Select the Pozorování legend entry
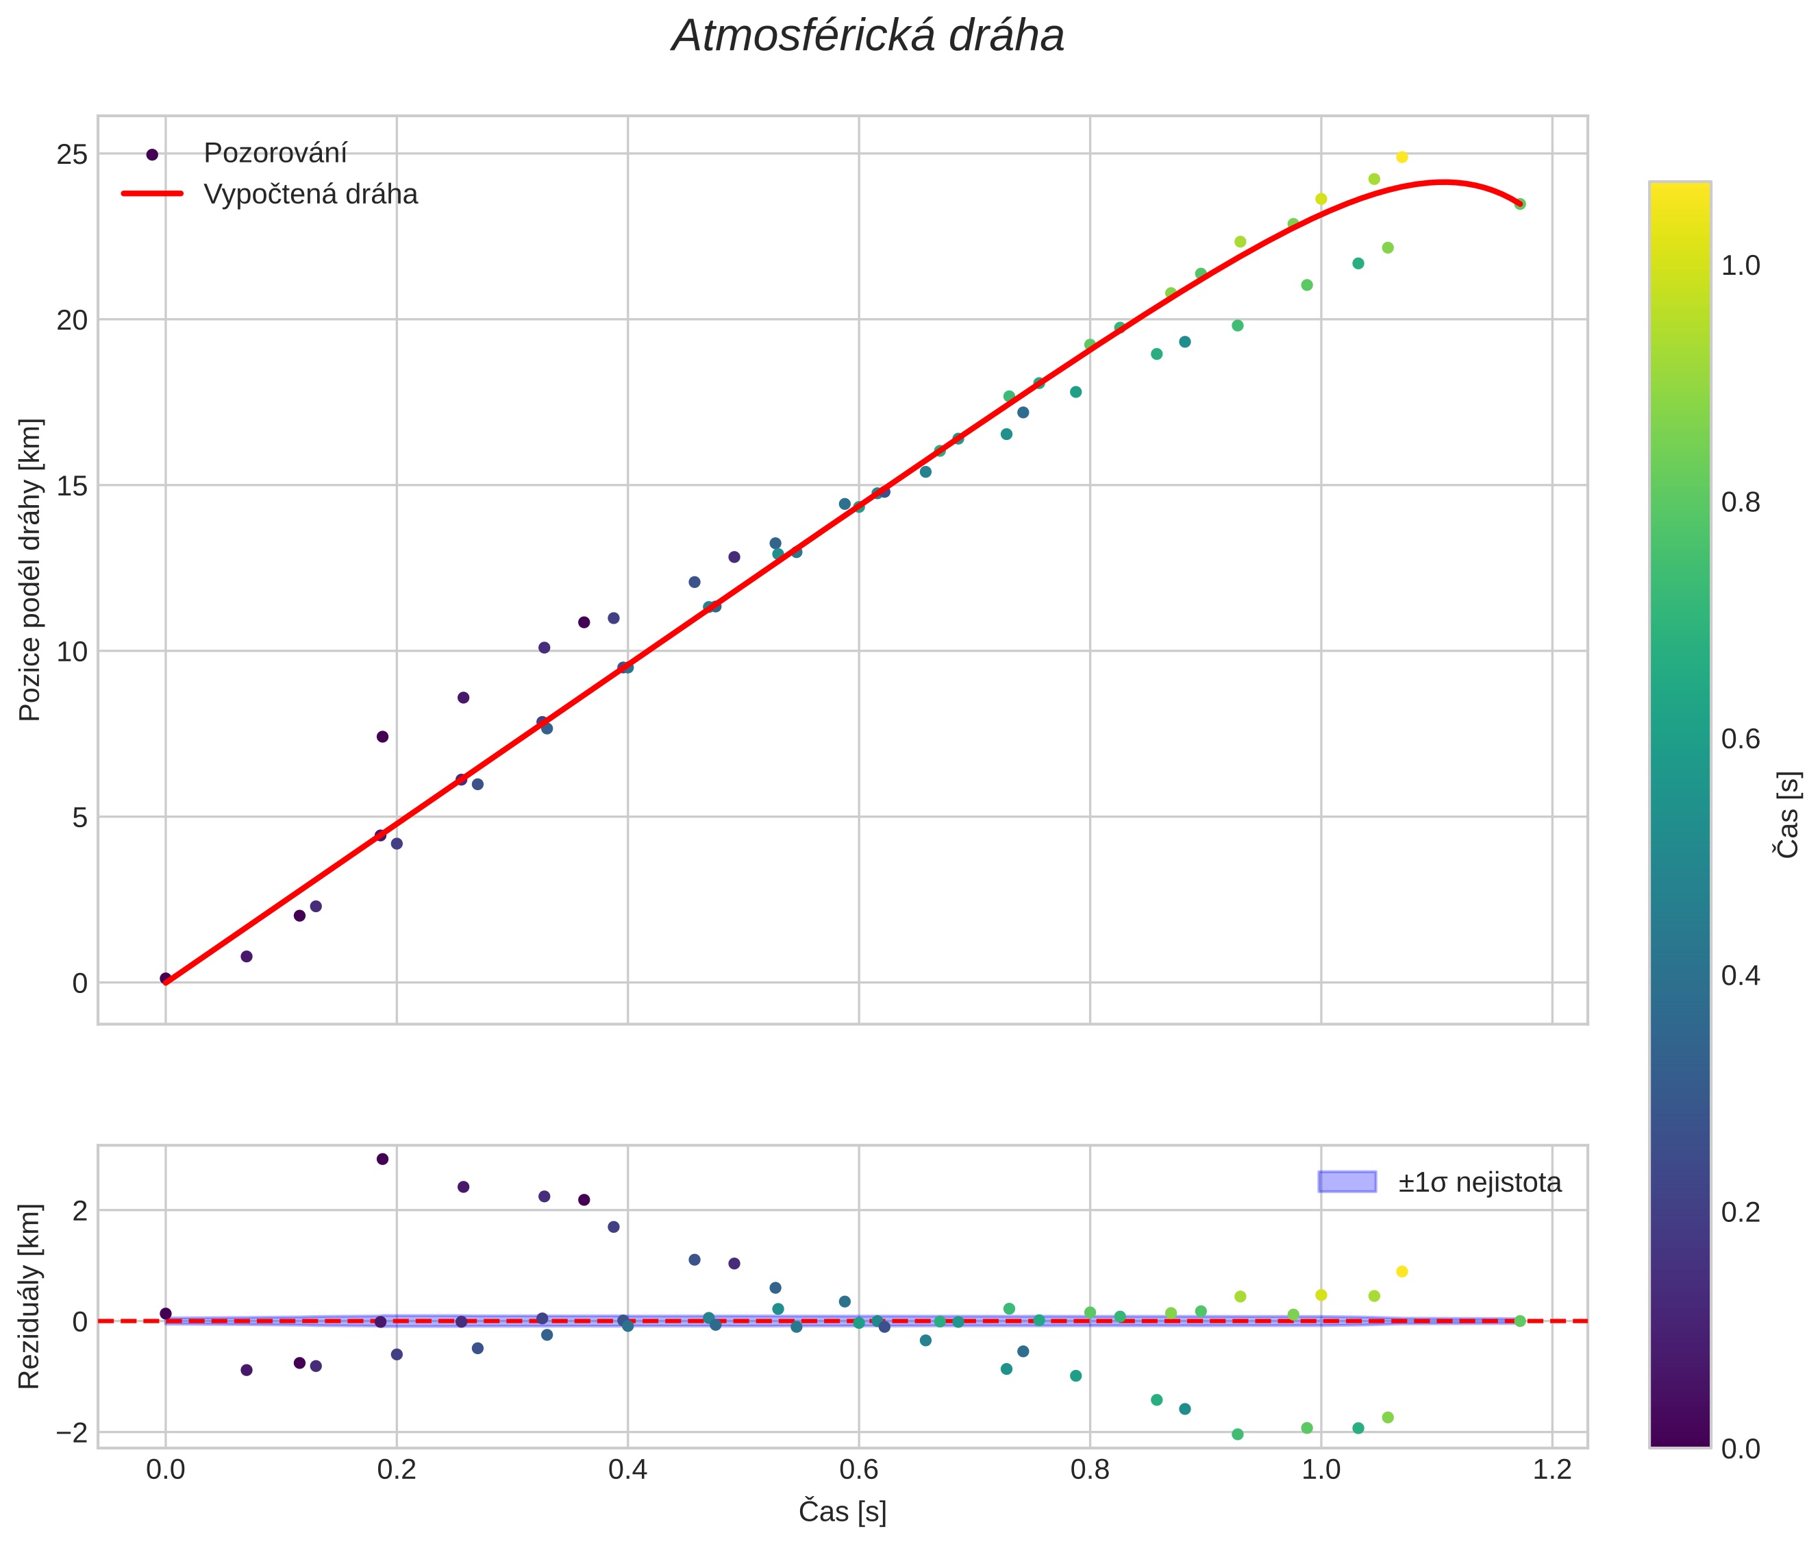tap(275, 154)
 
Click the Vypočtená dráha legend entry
tap(310, 195)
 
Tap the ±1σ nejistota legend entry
tap(1479, 1183)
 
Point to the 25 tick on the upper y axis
tap(72, 155)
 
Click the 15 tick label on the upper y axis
tap(72, 487)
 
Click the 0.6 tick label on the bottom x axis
tap(858, 1469)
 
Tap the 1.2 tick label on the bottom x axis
tap(1552, 1469)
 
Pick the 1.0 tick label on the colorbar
tap(1741, 266)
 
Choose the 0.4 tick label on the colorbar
tap(1741, 976)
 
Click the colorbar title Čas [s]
tap(1788, 815)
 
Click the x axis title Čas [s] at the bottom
tap(842, 1512)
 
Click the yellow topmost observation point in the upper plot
tap(1401, 158)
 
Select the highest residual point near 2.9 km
tap(382, 1159)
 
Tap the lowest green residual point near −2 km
tap(1237, 1434)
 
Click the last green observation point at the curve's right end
tap(1520, 204)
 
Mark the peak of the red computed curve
tap(1444, 182)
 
